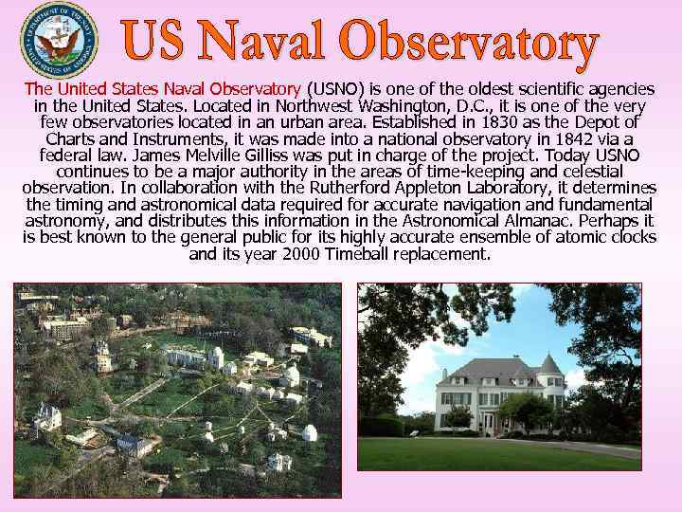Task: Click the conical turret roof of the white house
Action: [x=549, y=363]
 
